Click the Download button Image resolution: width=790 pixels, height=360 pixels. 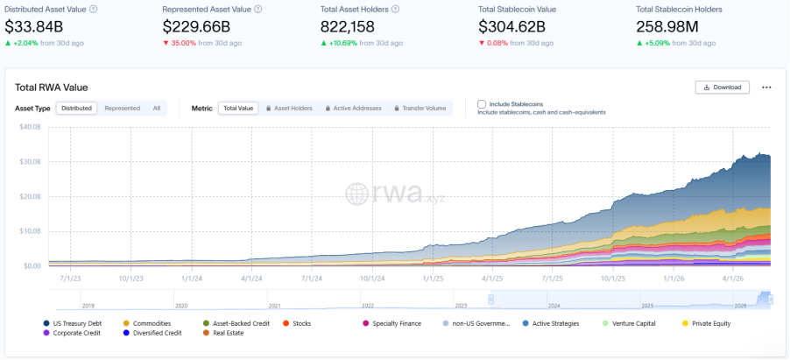tap(722, 88)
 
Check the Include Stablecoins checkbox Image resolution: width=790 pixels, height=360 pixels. tap(482, 104)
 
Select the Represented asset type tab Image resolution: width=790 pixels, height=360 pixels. tap(123, 108)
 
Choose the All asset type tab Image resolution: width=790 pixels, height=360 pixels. tap(157, 108)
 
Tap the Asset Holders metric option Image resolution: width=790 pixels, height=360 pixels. tap(289, 108)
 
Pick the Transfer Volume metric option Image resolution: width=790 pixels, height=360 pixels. tap(420, 108)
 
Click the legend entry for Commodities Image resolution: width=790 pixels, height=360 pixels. tap(147, 324)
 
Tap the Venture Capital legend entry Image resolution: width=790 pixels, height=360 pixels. tap(629, 324)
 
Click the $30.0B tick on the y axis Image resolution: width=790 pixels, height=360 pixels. tap(31, 162)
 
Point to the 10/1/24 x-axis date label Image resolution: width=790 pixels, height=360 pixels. tap(372, 278)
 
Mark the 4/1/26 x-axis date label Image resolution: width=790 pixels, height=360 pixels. tap(733, 278)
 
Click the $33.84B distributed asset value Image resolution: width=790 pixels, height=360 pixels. tap(34, 26)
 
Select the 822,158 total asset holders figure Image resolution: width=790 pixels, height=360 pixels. tap(348, 26)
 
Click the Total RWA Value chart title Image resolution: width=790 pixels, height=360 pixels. tap(52, 88)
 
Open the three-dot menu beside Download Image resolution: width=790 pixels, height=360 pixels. tap(766, 88)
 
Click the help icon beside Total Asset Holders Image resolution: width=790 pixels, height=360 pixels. tap(396, 9)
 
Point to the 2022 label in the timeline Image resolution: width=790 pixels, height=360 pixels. tap(368, 306)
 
